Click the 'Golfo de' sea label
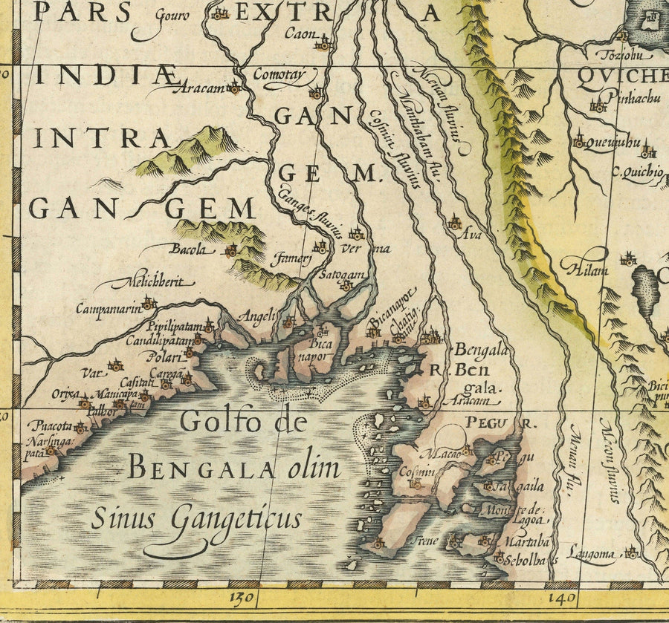point(243,422)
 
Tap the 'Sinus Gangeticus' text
point(196,518)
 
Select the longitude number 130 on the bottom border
point(244,598)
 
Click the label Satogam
point(343,275)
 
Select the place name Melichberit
point(153,282)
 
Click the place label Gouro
point(172,15)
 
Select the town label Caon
point(301,34)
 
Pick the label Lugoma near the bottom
point(591,552)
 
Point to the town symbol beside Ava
point(454,223)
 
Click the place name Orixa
point(65,394)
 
